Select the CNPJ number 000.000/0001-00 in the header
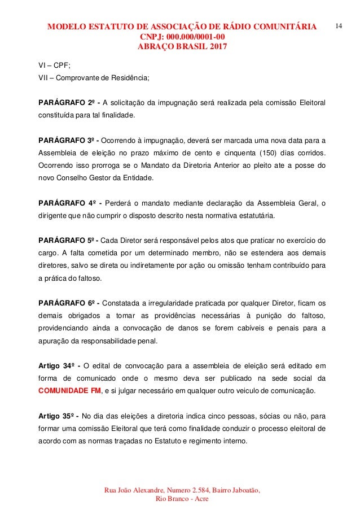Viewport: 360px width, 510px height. point(195,37)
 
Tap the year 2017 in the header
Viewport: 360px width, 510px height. point(212,47)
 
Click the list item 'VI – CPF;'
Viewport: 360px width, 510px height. point(50,65)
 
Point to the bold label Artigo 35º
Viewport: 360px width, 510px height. point(58,403)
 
